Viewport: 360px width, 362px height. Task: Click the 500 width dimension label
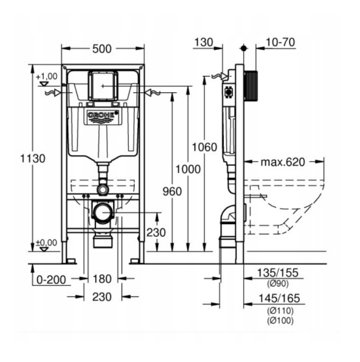[102, 49]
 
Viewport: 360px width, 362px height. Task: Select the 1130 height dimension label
[32, 159]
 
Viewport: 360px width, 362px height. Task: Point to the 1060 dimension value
[204, 147]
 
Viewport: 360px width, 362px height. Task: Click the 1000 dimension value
[188, 169]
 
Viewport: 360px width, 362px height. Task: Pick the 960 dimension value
[172, 191]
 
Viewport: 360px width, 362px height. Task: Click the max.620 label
[283, 162]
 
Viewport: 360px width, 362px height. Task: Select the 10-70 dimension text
[280, 42]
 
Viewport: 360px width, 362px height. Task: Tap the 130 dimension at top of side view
[204, 42]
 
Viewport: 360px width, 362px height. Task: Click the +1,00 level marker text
[47, 77]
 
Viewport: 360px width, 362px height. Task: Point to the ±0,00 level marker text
[46, 242]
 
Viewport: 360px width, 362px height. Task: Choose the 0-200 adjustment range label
[51, 280]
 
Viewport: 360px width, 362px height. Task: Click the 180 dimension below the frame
[102, 279]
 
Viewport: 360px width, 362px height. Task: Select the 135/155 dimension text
[277, 273]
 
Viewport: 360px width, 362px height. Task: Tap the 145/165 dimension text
[279, 299]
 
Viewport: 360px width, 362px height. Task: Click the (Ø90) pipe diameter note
[278, 283]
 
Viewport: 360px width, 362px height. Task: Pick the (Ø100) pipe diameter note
[280, 321]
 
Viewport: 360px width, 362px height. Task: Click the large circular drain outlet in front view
[103, 212]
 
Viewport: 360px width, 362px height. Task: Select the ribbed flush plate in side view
[250, 86]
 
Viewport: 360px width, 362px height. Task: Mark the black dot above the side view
[244, 48]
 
